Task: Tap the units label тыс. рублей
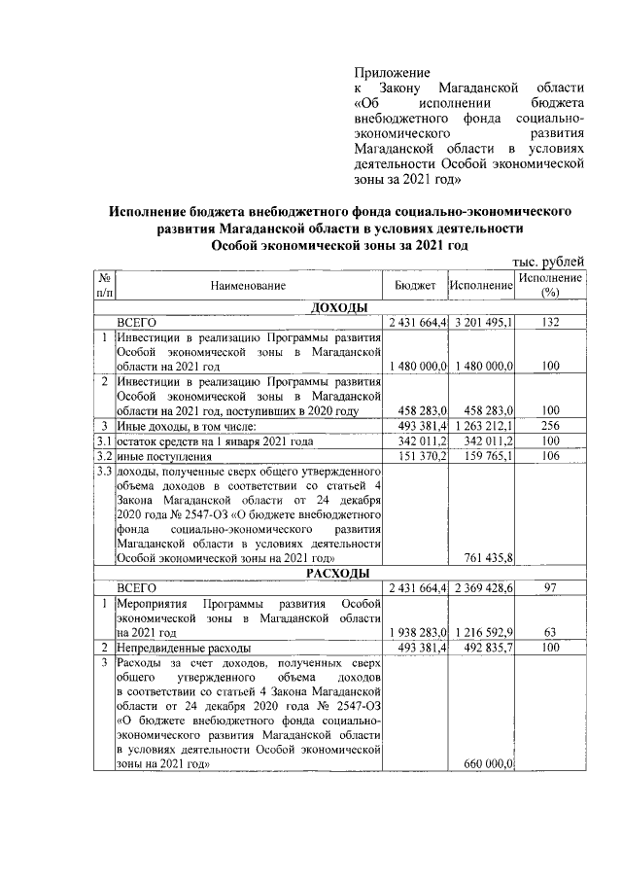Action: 548,261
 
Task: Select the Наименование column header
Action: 248,286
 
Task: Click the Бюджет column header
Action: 416,286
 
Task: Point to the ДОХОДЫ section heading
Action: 337,308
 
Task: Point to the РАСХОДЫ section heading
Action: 337,573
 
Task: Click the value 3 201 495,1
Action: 483,322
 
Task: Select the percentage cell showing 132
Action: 551,322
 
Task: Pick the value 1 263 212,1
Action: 483,425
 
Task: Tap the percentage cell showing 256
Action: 551,425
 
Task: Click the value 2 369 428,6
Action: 483,587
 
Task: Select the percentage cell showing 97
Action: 551,587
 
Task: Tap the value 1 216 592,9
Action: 483,632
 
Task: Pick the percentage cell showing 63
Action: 551,632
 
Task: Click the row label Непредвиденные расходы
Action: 183,647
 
